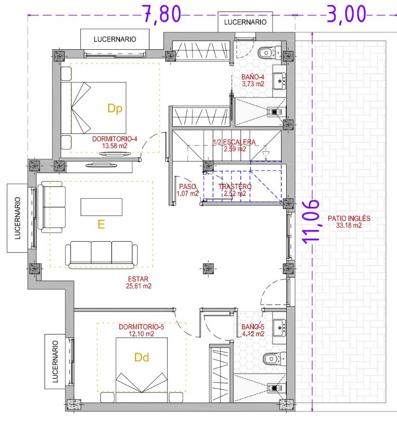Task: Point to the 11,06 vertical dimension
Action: click(310, 221)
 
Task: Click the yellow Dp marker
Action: click(115, 109)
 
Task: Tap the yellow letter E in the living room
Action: click(101, 224)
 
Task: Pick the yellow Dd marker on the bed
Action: click(141, 357)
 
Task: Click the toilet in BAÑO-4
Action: click(269, 53)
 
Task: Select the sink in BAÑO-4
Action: click(279, 81)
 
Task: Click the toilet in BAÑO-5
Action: click(275, 359)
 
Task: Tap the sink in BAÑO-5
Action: click(279, 328)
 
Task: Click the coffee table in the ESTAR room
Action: click(102, 207)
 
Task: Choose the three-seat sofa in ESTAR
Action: click(101, 255)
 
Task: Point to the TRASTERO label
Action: click(235, 187)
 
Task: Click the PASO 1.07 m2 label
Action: click(188, 190)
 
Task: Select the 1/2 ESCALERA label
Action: click(234, 145)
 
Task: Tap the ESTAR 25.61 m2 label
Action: click(138, 282)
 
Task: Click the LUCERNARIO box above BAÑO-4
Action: click(245, 22)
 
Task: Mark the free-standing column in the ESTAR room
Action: click(208, 268)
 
